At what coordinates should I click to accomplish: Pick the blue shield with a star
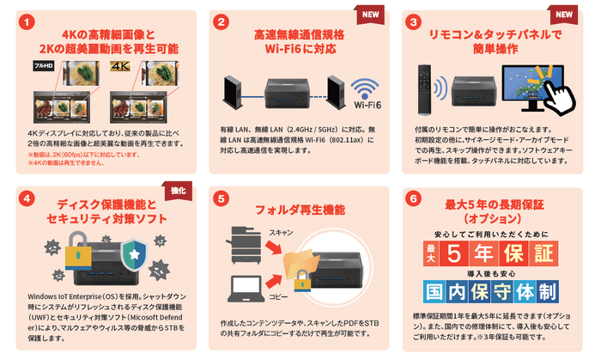[133, 255]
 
